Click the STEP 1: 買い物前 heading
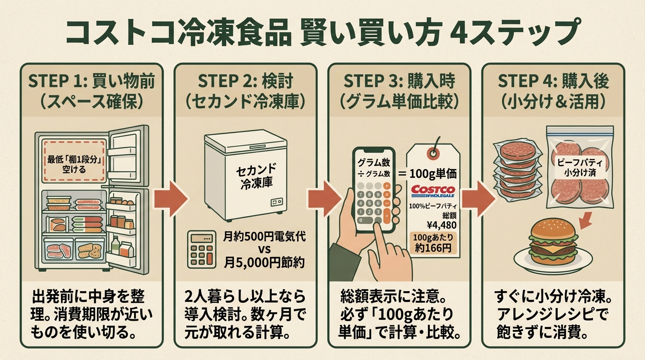(91, 81)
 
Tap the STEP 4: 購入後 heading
(553, 81)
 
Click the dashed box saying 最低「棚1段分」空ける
(74, 160)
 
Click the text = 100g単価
(430, 173)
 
